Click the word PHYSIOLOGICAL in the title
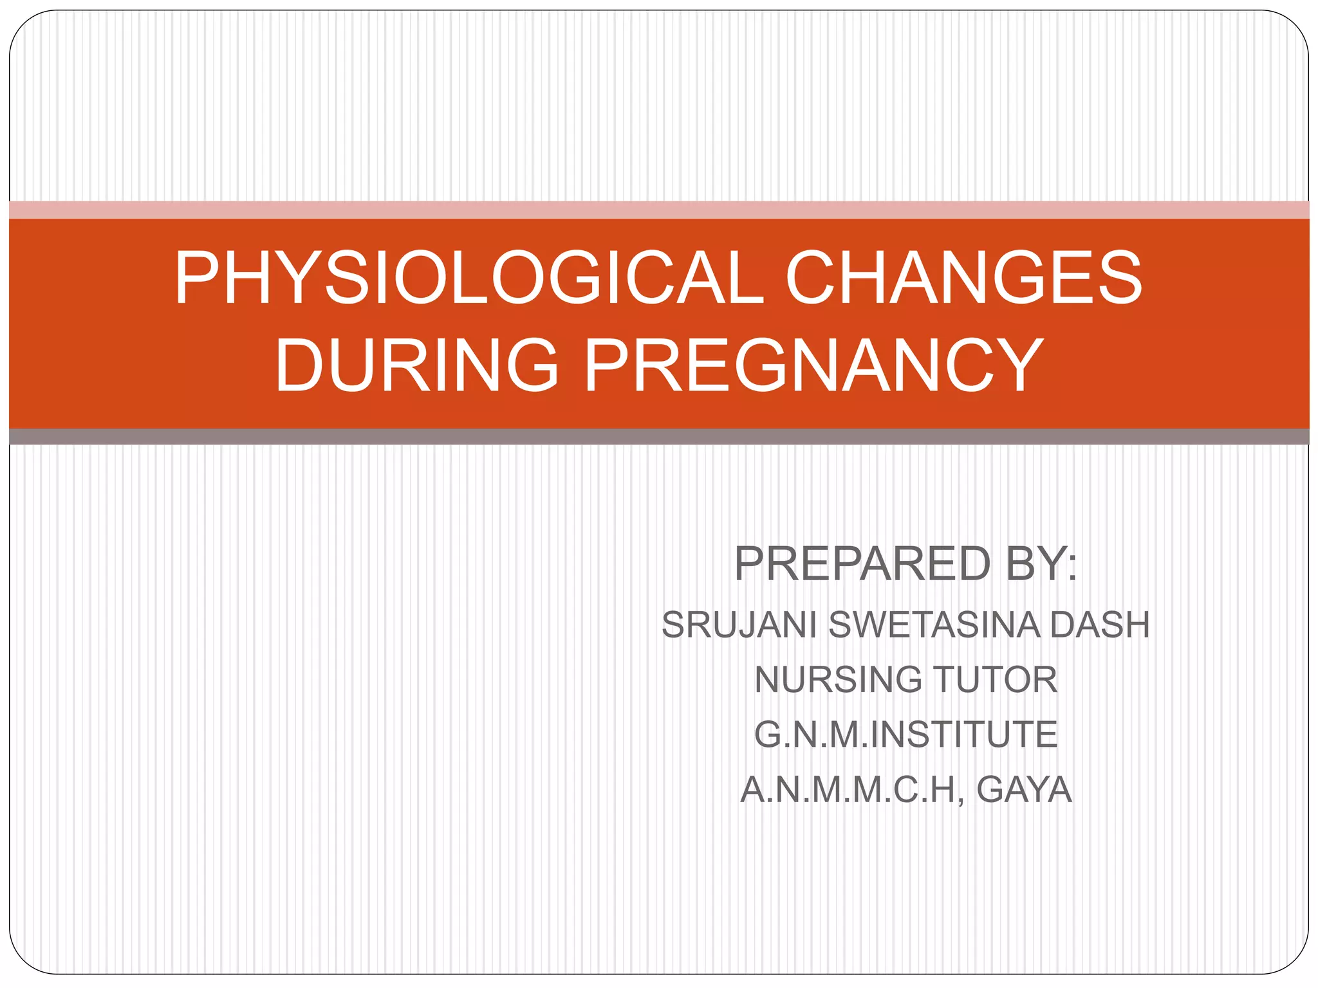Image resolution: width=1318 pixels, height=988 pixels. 469,278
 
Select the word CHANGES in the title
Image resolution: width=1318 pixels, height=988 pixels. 963,278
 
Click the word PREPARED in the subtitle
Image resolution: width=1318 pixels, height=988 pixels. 862,563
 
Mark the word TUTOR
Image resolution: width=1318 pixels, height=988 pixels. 995,680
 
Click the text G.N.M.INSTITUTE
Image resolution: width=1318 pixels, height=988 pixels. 905,735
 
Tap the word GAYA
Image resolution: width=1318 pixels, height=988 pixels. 1024,790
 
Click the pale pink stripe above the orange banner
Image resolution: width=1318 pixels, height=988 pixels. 659,210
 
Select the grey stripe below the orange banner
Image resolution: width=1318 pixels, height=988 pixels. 659,437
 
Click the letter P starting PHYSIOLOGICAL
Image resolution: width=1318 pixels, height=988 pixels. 194,278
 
